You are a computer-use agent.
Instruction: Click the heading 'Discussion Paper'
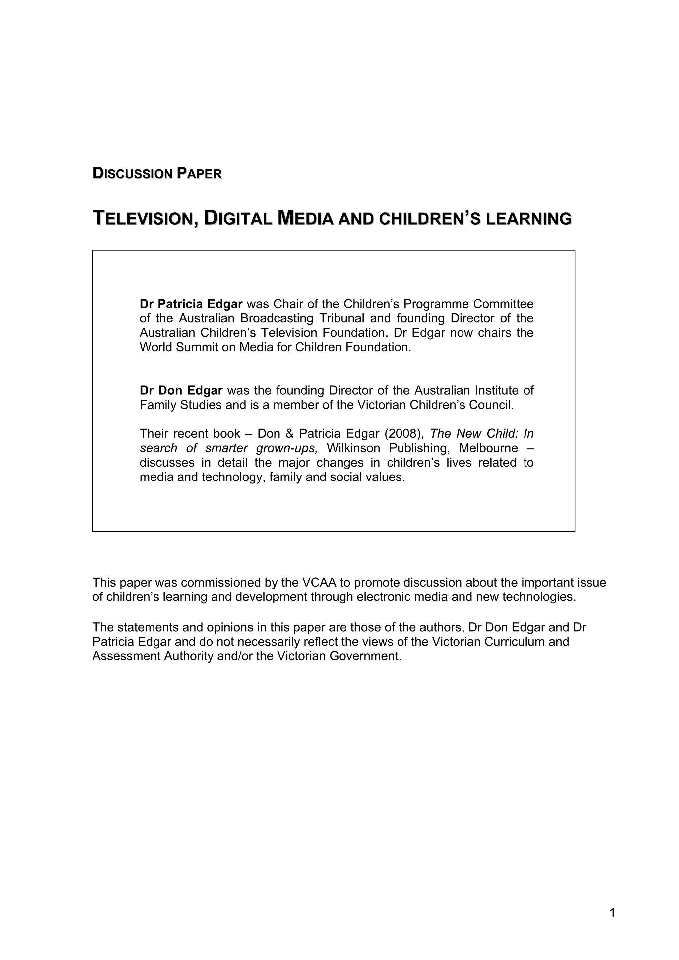tap(157, 174)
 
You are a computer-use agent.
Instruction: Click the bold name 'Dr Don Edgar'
tap(181, 390)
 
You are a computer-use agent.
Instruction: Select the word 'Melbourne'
tap(488, 448)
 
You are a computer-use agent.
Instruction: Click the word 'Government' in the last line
tap(365, 656)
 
